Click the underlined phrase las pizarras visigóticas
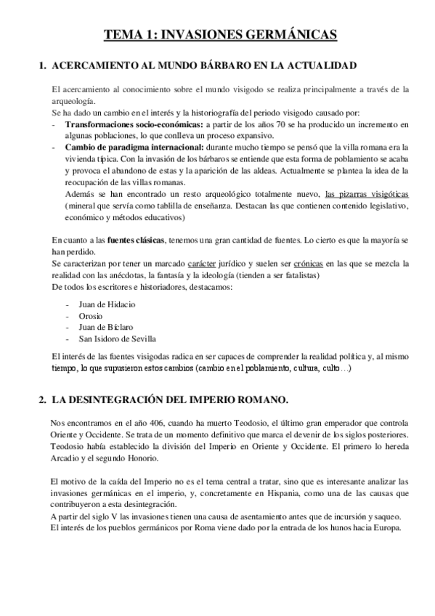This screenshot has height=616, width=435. [x=367, y=194]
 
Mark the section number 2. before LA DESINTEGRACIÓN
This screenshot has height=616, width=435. [x=41, y=399]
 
